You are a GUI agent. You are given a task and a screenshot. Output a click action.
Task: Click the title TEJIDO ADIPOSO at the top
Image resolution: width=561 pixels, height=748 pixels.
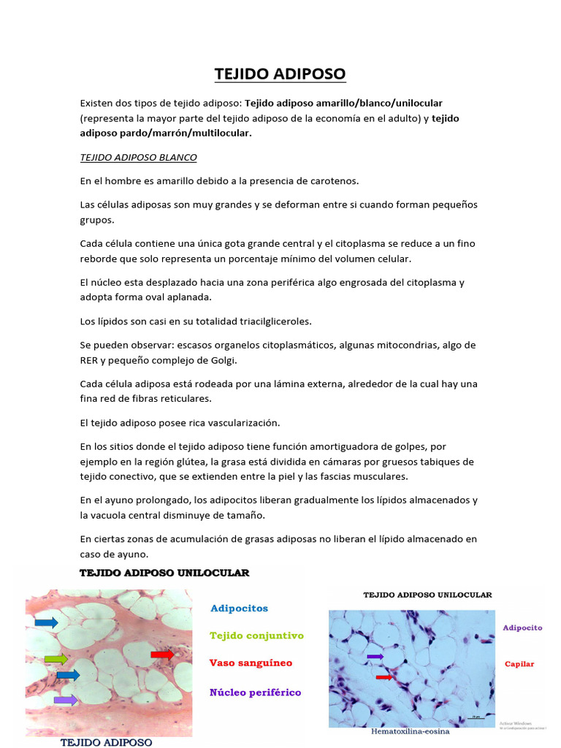280,74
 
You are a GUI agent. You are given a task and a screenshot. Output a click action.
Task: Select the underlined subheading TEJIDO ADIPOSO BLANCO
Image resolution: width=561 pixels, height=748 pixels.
138,157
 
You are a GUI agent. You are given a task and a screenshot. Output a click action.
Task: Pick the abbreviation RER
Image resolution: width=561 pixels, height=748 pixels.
89,360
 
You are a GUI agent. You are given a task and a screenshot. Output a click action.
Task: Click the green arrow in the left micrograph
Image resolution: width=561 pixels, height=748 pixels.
56,659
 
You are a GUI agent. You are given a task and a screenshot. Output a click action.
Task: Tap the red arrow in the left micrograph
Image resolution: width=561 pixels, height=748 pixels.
162,654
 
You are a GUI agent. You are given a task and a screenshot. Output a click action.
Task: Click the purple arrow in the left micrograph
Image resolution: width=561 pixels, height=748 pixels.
66,700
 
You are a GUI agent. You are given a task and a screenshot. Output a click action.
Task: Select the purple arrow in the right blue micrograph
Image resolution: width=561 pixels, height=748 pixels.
374,657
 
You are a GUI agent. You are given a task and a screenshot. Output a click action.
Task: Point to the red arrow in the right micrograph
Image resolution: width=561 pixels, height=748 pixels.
383,678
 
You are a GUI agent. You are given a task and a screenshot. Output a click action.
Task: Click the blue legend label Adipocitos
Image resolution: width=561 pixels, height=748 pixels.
239,608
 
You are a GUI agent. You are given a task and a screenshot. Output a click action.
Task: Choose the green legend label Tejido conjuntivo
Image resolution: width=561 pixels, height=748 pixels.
256,636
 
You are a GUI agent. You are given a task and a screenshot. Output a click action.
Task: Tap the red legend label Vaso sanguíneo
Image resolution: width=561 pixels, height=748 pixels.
251,663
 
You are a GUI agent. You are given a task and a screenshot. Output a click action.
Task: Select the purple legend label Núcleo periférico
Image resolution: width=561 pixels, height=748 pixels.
255,692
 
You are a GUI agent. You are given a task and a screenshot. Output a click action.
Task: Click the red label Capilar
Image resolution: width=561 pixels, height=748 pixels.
519,664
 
